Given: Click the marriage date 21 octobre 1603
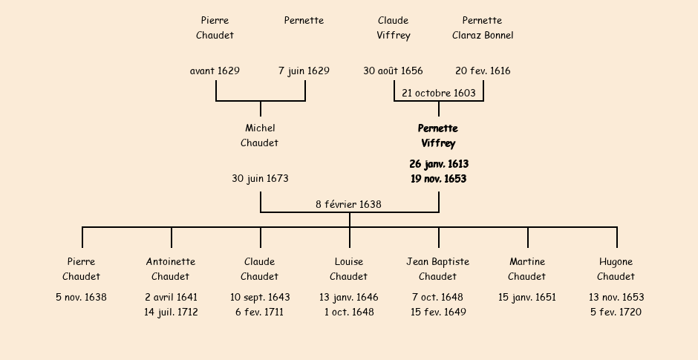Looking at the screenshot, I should (x=438, y=93).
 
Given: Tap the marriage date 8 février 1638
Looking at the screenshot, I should (x=348, y=204).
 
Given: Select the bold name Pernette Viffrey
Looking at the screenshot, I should (x=438, y=136).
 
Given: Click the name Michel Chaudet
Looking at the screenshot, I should (x=260, y=136).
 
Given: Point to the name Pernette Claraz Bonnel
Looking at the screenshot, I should (x=482, y=27).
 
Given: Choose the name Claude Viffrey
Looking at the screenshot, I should (x=393, y=27).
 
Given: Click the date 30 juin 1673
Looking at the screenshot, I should (x=260, y=179).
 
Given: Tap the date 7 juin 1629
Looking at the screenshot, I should (x=304, y=71).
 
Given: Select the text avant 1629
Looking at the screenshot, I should (x=215, y=71).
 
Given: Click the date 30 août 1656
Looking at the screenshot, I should (x=393, y=71).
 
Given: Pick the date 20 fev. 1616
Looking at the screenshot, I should (x=483, y=71).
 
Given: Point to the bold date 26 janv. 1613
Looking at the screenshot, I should (x=438, y=164).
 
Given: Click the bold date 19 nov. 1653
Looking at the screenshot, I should (x=438, y=179).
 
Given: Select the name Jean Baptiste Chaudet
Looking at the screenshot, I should (x=438, y=269).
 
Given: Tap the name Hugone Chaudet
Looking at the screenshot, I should (x=616, y=269).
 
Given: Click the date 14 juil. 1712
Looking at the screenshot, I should (x=171, y=312).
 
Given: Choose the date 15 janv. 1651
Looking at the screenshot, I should (x=527, y=298).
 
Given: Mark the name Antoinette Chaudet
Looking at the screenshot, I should (x=171, y=269).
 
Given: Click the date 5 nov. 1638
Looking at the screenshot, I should (x=81, y=298).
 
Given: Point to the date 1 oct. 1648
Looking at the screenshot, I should (x=349, y=312).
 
